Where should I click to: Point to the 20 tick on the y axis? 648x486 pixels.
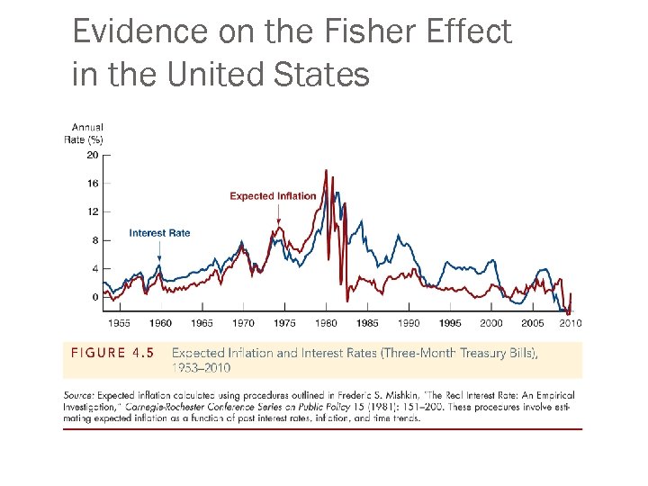point(93,155)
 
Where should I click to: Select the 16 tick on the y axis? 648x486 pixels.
point(93,183)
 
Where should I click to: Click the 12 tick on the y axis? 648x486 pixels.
point(93,211)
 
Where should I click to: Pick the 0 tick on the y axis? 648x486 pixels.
point(94,297)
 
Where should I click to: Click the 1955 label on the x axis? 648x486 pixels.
point(119,323)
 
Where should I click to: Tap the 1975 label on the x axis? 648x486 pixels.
point(284,323)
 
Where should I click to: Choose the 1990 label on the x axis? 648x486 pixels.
point(409,323)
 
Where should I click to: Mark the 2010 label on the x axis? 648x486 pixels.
point(571,323)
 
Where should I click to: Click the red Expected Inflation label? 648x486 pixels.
point(273,196)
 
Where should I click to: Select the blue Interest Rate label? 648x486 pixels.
point(159,233)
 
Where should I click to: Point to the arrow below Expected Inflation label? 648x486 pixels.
point(279,213)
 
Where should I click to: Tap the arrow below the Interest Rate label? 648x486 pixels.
point(159,251)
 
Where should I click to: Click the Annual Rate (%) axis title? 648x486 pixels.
point(84,134)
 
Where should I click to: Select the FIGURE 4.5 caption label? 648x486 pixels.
point(112,353)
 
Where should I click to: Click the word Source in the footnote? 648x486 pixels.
point(78,395)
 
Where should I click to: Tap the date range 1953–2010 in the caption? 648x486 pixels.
point(201,367)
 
